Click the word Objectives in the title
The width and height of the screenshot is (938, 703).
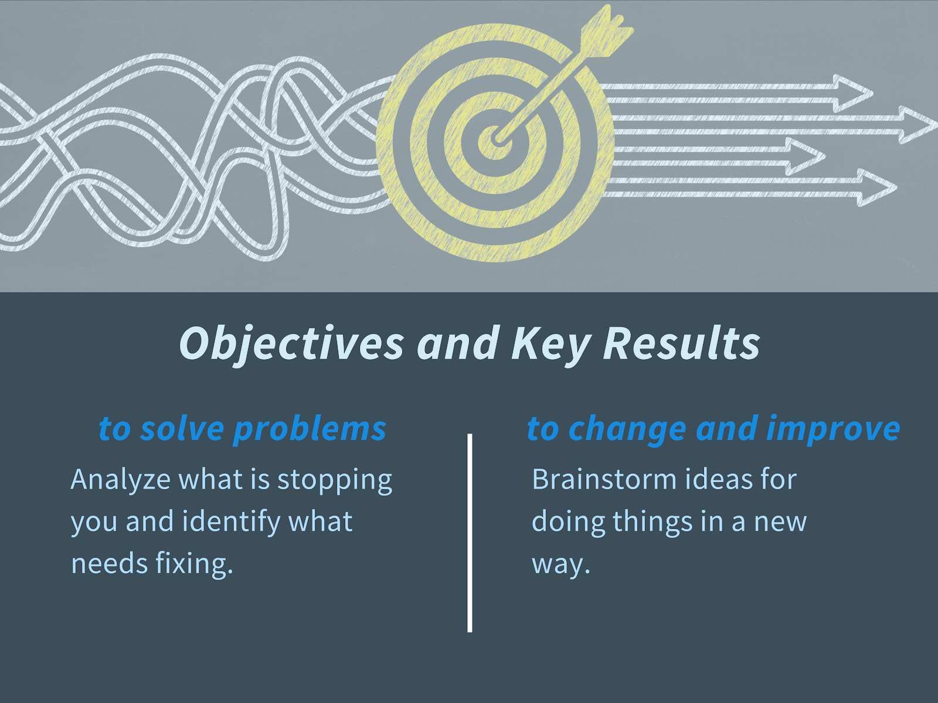point(291,344)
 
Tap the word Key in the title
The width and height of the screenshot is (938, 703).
point(552,344)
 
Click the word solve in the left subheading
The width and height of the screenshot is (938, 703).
point(182,428)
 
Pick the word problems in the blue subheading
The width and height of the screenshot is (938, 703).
point(310,429)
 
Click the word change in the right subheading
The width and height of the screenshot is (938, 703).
point(627,429)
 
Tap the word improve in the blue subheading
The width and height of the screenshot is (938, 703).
point(833,429)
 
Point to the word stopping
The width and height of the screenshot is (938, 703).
point(335,480)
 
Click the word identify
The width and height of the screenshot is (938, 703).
point(231,521)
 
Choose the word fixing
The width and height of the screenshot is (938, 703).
point(195,564)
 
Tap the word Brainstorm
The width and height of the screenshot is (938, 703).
point(604,479)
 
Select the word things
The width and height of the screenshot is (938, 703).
point(652,521)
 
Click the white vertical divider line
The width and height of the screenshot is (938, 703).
point(470,533)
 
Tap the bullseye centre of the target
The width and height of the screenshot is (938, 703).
point(496,138)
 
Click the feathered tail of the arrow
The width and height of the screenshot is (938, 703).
point(606,30)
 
